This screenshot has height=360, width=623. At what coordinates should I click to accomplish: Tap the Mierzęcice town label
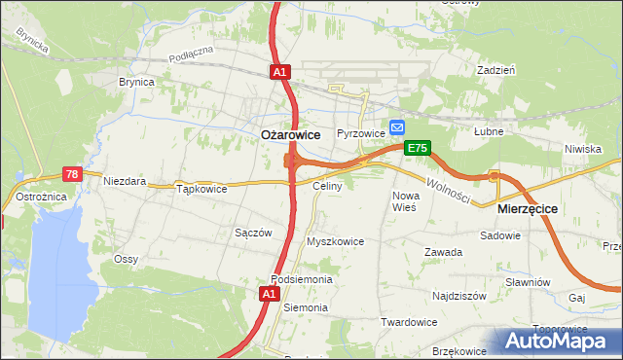(527, 208)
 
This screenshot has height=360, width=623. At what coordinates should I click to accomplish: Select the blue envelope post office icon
(397, 127)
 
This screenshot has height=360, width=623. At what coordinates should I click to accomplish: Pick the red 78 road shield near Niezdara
(71, 174)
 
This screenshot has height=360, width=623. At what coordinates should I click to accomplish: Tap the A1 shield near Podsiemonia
(271, 292)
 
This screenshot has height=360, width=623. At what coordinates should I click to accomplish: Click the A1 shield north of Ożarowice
(279, 72)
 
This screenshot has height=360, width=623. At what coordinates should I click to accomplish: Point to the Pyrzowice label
(361, 133)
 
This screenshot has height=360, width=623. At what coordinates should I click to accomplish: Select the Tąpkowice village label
(202, 189)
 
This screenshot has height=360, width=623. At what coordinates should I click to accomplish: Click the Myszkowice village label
(335, 241)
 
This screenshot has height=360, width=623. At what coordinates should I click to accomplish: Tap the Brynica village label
(136, 83)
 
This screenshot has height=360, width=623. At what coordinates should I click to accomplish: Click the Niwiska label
(582, 149)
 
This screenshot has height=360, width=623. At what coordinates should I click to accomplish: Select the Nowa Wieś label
(404, 201)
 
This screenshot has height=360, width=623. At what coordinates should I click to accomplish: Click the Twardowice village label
(408, 322)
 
